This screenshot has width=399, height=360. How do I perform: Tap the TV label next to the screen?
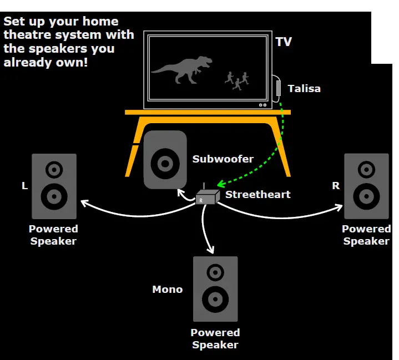[283, 42]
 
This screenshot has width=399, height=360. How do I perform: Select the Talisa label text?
[304, 88]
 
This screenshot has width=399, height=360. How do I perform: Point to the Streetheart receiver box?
[205, 197]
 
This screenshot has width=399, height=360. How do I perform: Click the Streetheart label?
[250, 195]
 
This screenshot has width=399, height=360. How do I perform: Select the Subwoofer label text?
[223, 159]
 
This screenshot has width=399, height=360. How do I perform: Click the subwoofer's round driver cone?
[165, 163]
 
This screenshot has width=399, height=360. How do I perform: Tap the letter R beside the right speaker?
[336, 186]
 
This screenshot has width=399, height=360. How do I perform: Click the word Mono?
[167, 290]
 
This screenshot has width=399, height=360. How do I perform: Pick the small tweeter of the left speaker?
[54, 169]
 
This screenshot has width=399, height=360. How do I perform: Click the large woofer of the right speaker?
[366, 196]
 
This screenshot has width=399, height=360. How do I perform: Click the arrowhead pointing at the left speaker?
[85, 204]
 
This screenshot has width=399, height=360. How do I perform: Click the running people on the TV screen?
[237, 80]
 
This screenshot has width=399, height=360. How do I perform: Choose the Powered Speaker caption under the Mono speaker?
[215, 338]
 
